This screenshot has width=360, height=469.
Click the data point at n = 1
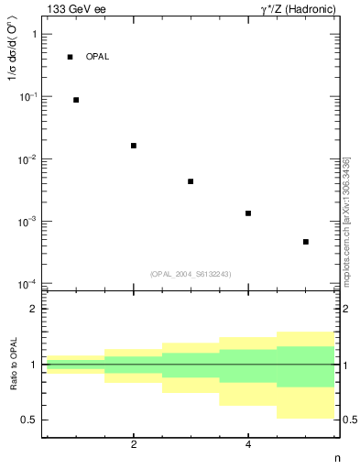(x=76, y=100)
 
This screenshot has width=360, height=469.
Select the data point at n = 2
(x=134, y=146)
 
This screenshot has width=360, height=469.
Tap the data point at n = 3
(x=191, y=181)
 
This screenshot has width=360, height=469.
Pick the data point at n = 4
(x=248, y=213)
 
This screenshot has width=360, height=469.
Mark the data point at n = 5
(x=305, y=242)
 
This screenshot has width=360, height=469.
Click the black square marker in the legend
(x=70, y=57)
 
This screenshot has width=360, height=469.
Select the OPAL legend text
(x=97, y=57)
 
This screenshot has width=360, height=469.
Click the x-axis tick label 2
(x=134, y=445)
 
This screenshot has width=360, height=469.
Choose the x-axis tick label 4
(x=248, y=445)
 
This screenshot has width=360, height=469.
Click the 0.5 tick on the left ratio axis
(x=28, y=420)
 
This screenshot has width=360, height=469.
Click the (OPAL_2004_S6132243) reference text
(x=191, y=274)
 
